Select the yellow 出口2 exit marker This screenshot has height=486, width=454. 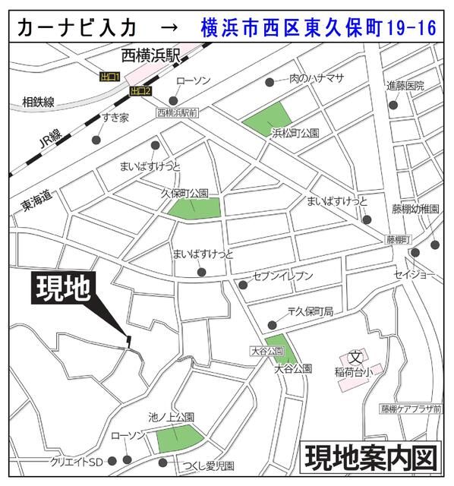point(140,92)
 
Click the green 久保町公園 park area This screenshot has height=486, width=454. point(195,207)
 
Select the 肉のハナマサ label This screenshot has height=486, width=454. point(317,78)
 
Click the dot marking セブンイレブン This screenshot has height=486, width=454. point(243,286)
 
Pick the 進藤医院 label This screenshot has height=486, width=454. point(405,85)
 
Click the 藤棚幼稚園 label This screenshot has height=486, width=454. point(415,208)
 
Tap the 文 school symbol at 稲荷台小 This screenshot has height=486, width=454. point(354,357)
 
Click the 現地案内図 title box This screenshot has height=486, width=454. point(372,459)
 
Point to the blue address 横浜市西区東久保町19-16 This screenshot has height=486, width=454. point(319,29)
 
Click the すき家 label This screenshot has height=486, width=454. point(116,118)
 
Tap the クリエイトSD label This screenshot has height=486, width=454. point(76,462)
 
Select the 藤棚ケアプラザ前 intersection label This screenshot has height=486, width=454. point(411,409)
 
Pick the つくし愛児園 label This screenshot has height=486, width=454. point(207,465)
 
